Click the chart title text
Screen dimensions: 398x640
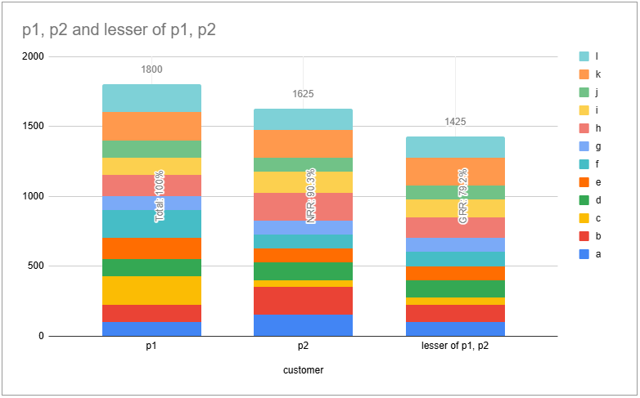119,31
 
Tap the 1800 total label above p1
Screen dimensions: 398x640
151,69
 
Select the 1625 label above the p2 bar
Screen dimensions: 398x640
303,94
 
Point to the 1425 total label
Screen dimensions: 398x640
455,122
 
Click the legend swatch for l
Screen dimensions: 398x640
584,56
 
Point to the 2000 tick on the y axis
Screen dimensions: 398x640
34,57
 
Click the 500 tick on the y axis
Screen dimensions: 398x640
36,266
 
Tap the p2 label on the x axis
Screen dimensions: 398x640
303,347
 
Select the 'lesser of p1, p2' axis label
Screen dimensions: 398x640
455,347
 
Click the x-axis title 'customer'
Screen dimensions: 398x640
303,370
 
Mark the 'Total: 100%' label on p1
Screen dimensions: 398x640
160,196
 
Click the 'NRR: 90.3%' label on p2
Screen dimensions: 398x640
311,196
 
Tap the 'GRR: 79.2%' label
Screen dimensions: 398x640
463,196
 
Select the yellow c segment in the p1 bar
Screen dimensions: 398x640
151,290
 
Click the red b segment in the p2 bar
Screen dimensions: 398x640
303,301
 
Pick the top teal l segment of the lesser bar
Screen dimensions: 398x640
455,147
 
